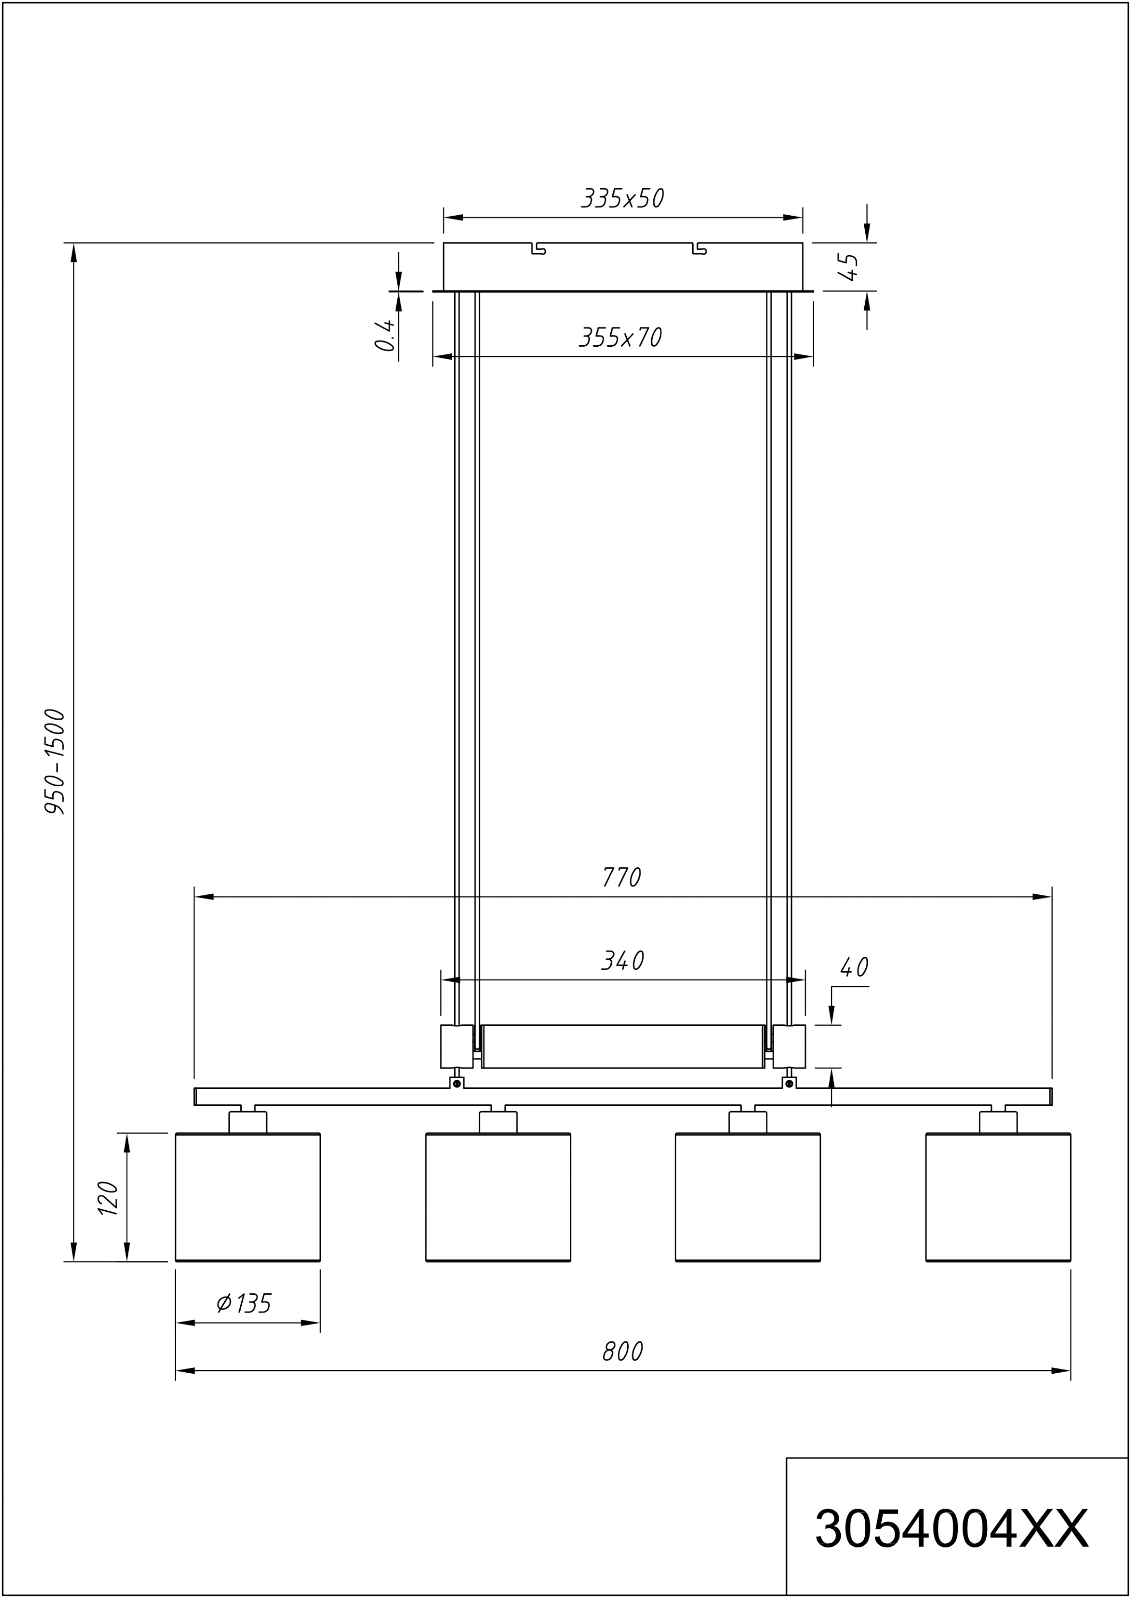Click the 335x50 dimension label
tap(622, 199)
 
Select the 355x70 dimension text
tap(620, 337)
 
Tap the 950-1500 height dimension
tap(55, 761)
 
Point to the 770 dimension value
tap(622, 877)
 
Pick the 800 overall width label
tap(622, 1351)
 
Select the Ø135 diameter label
tap(244, 1303)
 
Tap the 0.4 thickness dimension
tap(385, 336)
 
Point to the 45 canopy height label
tap(848, 267)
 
